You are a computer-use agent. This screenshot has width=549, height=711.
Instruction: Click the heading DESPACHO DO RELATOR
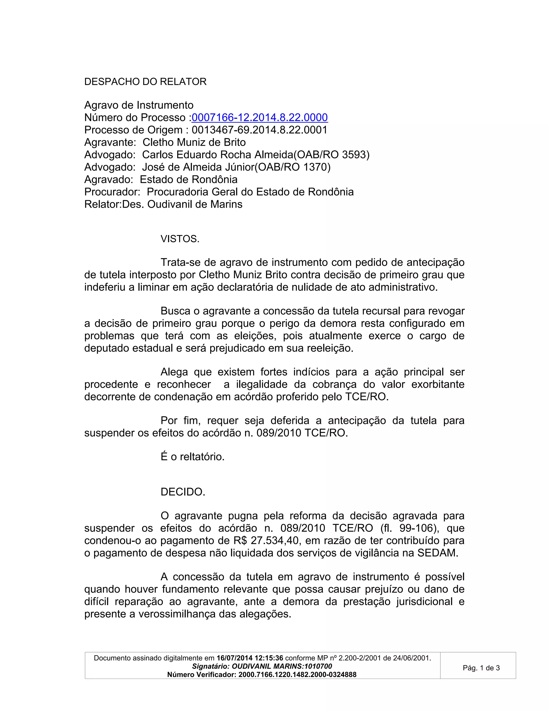tap(145, 82)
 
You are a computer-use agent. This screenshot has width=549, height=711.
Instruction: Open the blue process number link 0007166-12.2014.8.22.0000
tap(259, 118)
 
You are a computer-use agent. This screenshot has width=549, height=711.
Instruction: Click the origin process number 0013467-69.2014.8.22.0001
tap(259, 130)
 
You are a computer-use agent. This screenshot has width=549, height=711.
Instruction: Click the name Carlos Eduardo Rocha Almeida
tap(217, 155)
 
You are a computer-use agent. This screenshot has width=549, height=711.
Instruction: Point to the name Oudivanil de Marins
tap(195, 204)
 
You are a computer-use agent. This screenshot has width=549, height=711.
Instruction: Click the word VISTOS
tap(180, 239)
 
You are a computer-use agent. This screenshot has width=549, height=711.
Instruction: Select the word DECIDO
tap(183, 492)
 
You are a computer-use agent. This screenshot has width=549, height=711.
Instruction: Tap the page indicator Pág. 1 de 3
tap(481, 668)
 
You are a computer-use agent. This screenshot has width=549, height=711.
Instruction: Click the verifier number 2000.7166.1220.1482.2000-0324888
tap(297, 675)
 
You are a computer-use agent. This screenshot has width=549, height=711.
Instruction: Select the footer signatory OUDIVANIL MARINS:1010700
tap(282, 666)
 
